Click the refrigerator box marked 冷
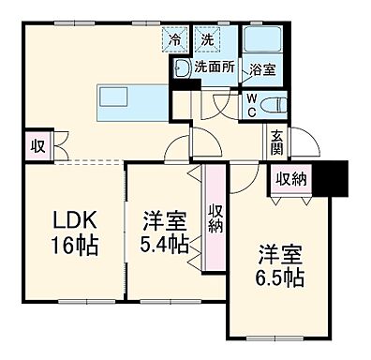175,39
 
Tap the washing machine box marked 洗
207,39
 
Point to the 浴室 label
261,68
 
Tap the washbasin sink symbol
180,67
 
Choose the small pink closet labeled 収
35,147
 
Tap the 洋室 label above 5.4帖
165,223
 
